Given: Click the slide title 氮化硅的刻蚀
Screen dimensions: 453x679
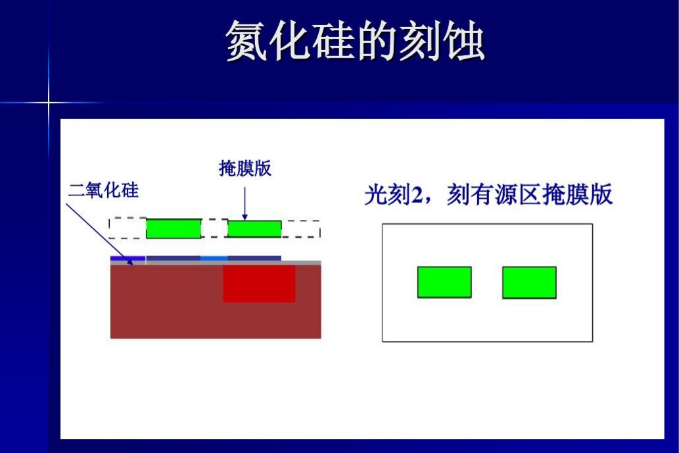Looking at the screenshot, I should pyautogui.click(x=355, y=41).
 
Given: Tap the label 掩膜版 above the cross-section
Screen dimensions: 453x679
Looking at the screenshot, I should pyautogui.click(x=245, y=169).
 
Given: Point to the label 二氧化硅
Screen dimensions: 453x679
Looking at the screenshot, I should pyautogui.click(x=104, y=190).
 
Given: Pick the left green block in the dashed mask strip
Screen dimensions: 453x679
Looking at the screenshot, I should pyautogui.click(x=174, y=228).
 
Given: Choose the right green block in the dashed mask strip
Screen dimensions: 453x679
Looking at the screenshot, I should pyautogui.click(x=254, y=228).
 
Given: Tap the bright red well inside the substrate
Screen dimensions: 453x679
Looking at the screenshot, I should pyautogui.click(x=259, y=284).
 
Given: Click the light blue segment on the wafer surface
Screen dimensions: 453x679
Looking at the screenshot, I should pyautogui.click(x=214, y=258).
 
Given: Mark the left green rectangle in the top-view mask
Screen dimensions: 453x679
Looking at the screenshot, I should pyautogui.click(x=444, y=282).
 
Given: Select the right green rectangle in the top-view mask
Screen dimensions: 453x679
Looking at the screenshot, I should pyautogui.click(x=529, y=282).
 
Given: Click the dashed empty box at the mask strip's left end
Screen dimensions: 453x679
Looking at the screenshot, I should pyautogui.click(x=128, y=228).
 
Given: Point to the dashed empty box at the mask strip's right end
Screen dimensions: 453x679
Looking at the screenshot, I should pyautogui.click(x=300, y=228).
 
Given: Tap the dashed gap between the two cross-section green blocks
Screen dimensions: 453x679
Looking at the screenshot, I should pyautogui.click(x=214, y=228).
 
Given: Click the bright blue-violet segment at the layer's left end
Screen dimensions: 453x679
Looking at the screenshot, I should pyautogui.click(x=128, y=258).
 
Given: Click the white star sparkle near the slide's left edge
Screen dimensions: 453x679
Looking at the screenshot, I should pyautogui.click(x=49, y=103).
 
